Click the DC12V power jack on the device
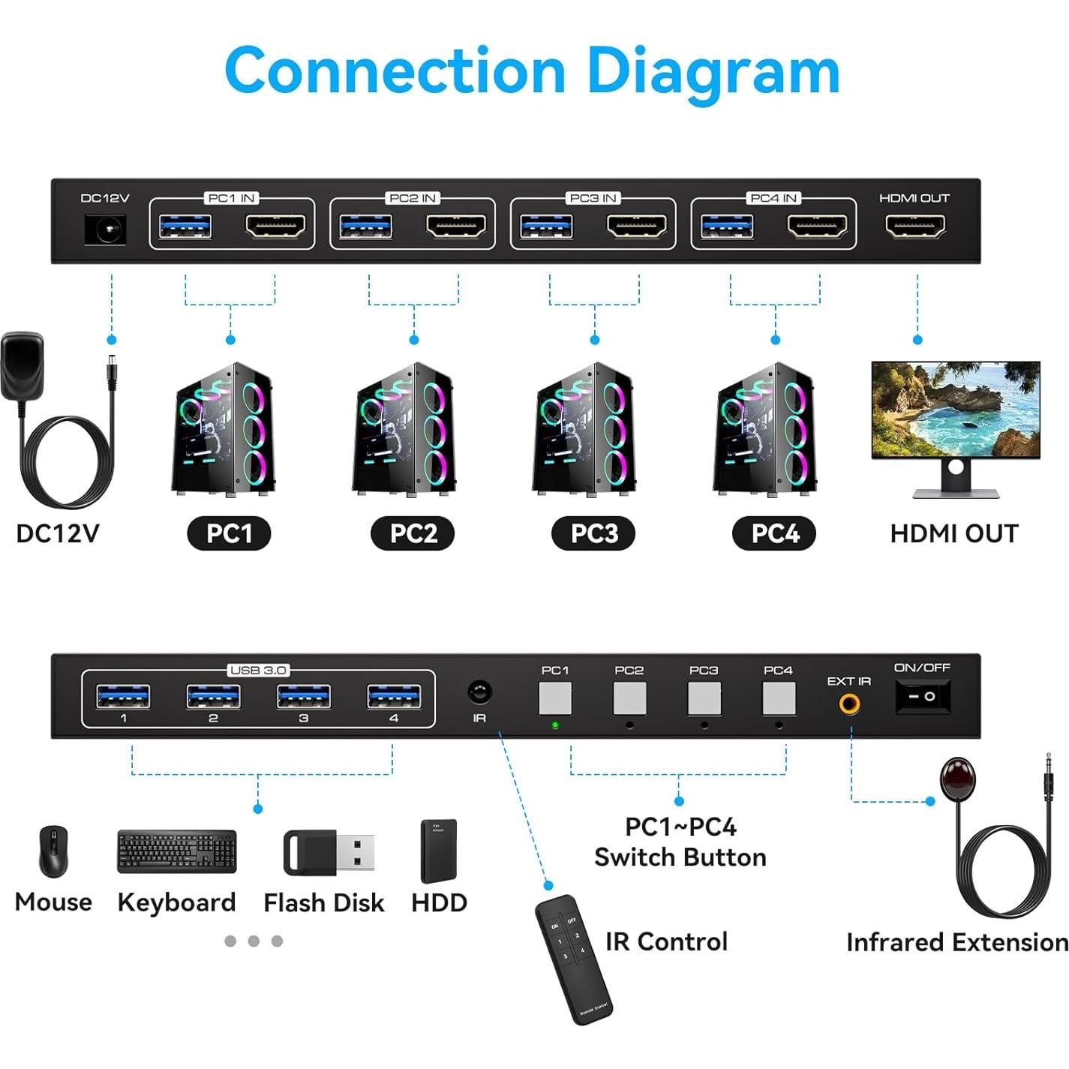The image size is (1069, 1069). click(104, 229)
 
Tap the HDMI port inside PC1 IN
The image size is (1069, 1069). click(275, 226)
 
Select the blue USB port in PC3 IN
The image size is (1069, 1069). click(546, 226)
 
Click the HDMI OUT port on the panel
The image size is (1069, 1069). click(915, 226)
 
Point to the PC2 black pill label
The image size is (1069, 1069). click(413, 533)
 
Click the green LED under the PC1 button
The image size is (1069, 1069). click(555, 725)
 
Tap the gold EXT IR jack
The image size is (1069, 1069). click(849, 704)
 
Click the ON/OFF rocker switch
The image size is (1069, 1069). click(923, 696)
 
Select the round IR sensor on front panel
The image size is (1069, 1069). click(479, 692)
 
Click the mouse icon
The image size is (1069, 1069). click(53, 851)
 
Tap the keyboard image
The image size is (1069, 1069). click(177, 851)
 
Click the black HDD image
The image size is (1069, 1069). click(439, 851)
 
